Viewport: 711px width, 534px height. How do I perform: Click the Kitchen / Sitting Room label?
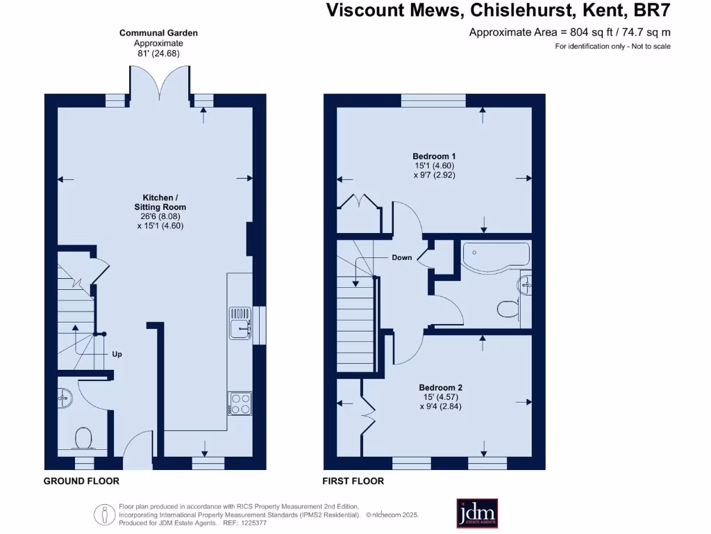160,202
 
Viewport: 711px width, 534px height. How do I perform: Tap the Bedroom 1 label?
434,156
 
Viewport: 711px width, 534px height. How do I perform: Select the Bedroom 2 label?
440,387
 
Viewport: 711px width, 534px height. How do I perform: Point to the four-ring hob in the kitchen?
240,404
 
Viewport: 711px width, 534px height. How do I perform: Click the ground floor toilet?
84,438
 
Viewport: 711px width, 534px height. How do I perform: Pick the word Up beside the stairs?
117,354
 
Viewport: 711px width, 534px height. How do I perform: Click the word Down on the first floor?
401,257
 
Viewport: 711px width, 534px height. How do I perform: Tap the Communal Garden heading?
158,33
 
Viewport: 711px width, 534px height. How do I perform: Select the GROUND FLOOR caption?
81,481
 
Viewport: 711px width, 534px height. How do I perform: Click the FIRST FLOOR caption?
353,481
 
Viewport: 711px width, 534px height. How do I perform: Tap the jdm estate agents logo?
476,514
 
